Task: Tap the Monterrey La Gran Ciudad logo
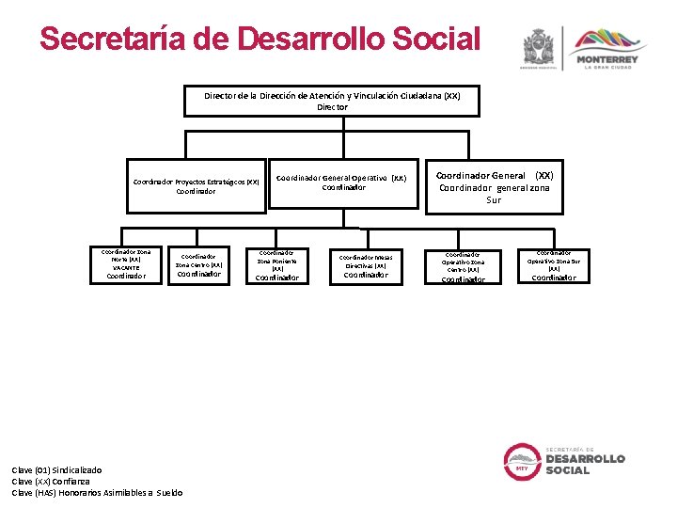[606, 49]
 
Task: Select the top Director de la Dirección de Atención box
[332, 101]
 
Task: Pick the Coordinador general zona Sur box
[494, 187]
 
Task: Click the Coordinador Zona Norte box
[127, 264]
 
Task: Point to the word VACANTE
[126, 268]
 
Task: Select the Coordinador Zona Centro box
[198, 264]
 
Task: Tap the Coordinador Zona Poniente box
[277, 264]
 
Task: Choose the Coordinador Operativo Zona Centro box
[463, 266]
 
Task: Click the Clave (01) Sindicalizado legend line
[56, 469]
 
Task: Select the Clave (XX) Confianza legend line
[51, 481]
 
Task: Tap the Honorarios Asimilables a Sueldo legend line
[97, 492]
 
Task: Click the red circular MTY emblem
[520, 461]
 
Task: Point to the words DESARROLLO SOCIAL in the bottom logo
[584, 464]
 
